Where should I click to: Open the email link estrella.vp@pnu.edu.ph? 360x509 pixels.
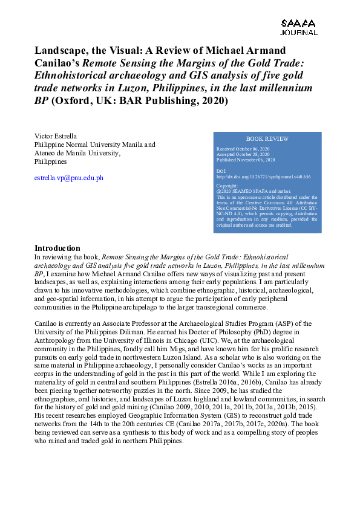click(69, 178)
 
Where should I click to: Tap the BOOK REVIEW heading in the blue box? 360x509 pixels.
click(267, 138)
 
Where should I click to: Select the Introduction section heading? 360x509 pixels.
click(57, 248)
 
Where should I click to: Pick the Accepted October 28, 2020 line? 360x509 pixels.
click(244, 154)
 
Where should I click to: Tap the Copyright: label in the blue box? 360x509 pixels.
click(227, 186)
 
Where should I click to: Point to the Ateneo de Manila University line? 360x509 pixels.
click(77, 154)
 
